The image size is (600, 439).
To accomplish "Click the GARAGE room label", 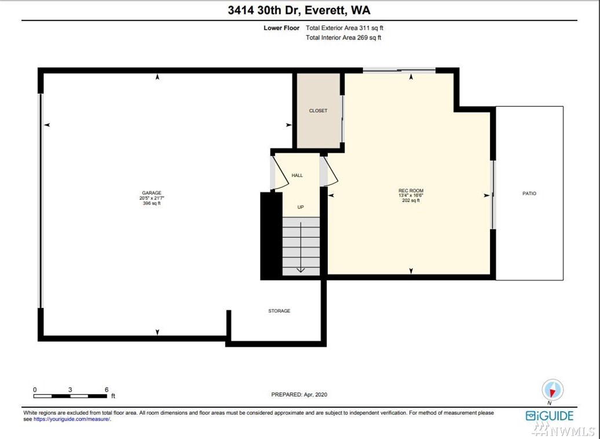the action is (x=152, y=193).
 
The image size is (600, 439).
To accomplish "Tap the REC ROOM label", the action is (x=411, y=191).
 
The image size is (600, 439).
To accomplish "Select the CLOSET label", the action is (x=318, y=111).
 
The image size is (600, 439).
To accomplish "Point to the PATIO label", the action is (x=529, y=194).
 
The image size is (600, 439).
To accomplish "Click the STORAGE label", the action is (x=279, y=311).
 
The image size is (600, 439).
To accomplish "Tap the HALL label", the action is (x=297, y=176).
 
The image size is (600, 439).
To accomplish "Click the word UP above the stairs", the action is (x=301, y=207).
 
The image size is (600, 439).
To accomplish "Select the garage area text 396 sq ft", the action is (x=152, y=204).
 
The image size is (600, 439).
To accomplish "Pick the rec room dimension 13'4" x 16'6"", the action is (x=411, y=195).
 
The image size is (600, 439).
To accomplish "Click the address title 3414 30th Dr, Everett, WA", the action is (x=299, y=10).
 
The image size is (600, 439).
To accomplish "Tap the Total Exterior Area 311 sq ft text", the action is (x=345, y=28).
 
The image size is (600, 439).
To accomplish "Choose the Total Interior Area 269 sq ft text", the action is (x=343, y=38).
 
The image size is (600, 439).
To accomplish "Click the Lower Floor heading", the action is (x=281, y=28).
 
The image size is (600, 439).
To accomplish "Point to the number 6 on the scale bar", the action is (x=107, y=390).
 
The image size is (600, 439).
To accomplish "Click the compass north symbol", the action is (x=552, y=390).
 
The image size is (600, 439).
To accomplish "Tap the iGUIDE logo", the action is (x=550, y=416).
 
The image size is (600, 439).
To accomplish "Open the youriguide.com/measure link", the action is (x=72, y=419).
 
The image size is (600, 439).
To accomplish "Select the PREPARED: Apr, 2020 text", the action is (x=299, y=394).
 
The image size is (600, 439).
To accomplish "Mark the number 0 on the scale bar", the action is (x=35, y=390).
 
